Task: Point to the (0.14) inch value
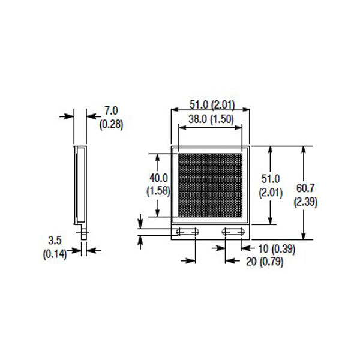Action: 55,254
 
